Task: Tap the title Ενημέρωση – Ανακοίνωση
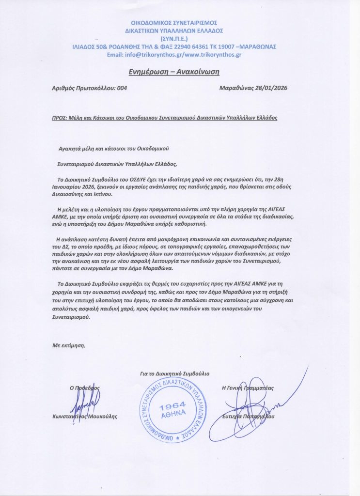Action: point(174,72)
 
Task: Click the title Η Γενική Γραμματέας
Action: point(248,387)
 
